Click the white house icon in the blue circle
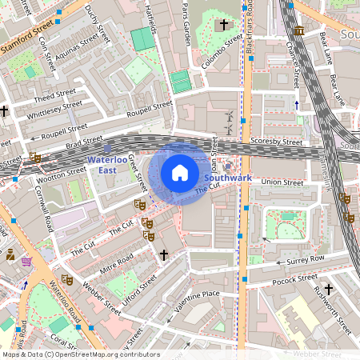point(180,173)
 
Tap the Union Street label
point(282,182)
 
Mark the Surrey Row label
point(306,260)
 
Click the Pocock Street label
point(294,280)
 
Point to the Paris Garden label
point(190,24)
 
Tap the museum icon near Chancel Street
point(298,30)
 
